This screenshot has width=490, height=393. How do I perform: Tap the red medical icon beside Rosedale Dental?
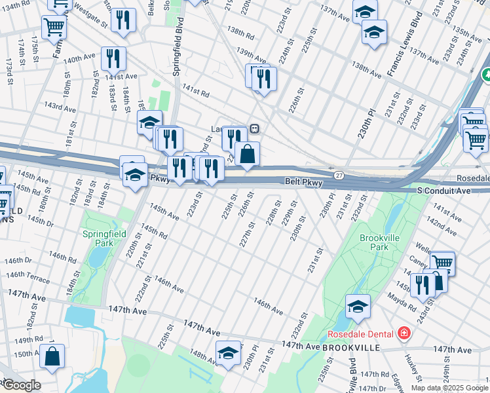pyautogui.click(x=404, y=333)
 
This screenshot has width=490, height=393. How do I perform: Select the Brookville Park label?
pyautogui.click(x=374, y=242)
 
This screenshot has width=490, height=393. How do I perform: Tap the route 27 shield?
pyautogui.click(x=339, y=176)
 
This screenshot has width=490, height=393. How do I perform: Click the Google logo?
pyautogui.click(x=21, y=385)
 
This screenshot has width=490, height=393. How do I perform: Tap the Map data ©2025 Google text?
pyautogui.click(x=450, y=388)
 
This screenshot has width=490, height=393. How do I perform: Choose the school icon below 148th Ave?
pyautogui.click(x=228, y=352)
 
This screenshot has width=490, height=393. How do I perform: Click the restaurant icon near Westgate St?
pyautogui.click(x=123, y=20)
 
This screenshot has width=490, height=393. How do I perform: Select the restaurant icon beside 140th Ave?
pyautogui.click(x=113, y=59)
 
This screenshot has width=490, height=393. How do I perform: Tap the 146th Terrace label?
pyautogui.click(x=29, y=277)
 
